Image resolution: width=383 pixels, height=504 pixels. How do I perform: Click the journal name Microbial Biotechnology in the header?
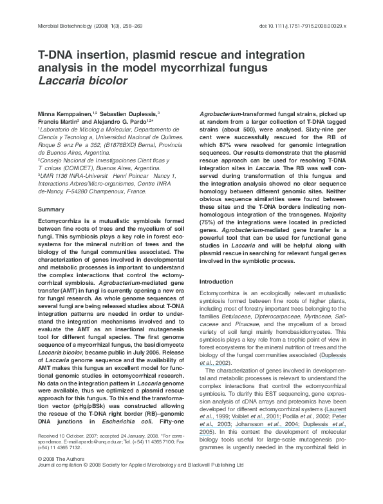[57, 26]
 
